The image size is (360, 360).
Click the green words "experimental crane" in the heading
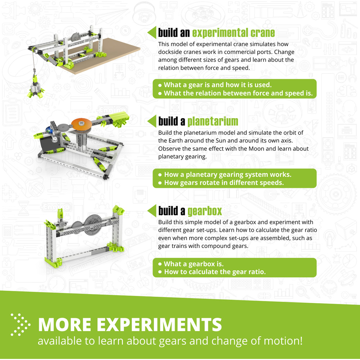pos(233,33)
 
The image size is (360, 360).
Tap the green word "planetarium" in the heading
pos(213,121)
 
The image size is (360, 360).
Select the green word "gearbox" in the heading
pos(205,211)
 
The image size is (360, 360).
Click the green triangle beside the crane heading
pos(152,32)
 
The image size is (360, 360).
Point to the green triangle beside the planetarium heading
pos(152,121)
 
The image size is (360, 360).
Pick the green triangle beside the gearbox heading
pos(152,211)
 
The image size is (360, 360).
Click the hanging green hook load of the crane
pos(36,87)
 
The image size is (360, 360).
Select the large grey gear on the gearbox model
pos(93,224)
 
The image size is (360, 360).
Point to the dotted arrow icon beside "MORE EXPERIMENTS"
pos(21,324)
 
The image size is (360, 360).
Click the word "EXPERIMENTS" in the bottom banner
pos(159,324)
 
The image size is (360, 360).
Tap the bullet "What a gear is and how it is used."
pos(215,85)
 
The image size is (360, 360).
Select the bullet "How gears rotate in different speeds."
pos(221,183)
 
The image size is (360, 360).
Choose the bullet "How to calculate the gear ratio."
pos(212,272)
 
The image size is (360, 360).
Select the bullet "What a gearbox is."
pos(191,264)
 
